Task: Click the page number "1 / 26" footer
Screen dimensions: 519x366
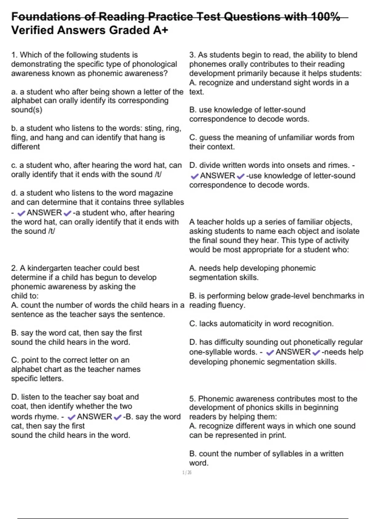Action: [187, 473]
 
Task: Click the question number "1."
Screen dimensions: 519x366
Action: [14, 55]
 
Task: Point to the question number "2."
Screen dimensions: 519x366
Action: [14, 268]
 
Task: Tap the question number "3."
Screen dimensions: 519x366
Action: [192, 55]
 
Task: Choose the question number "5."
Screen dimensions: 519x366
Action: [192, 399]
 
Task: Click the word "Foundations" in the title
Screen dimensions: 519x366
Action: [46, 16]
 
